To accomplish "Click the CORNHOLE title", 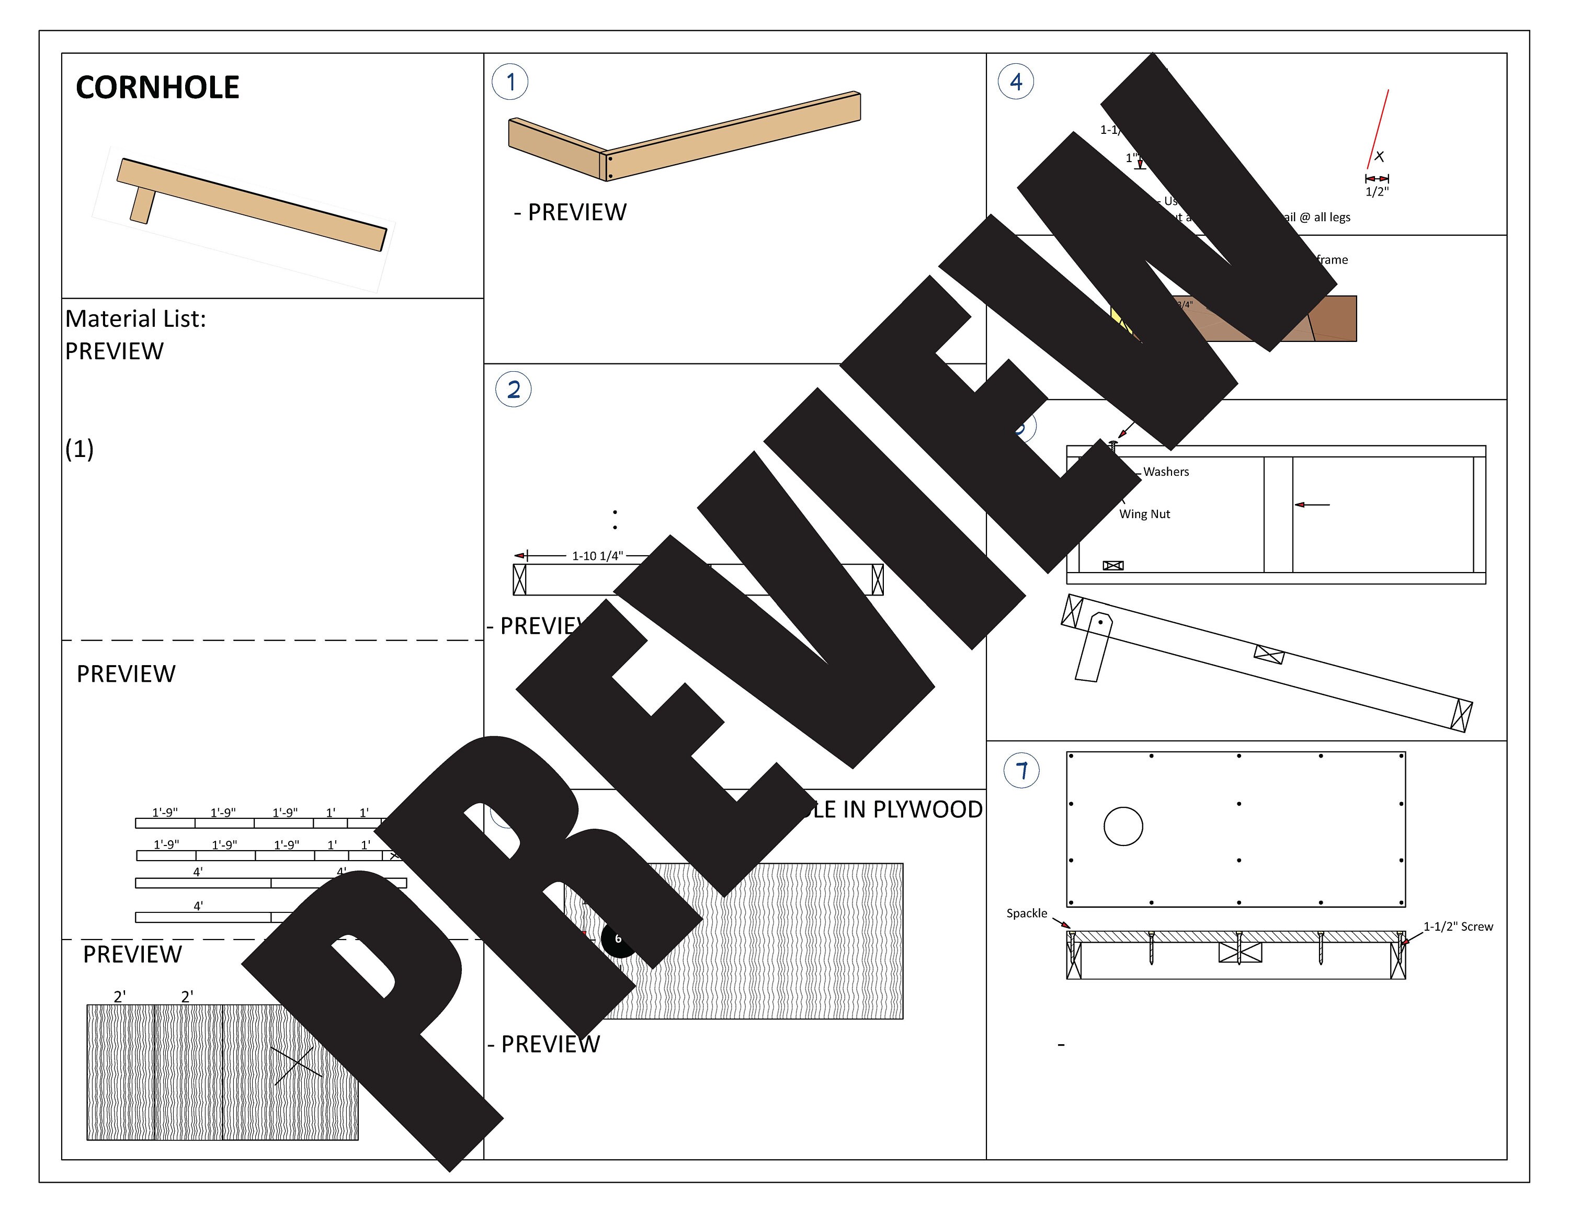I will coord(157,88).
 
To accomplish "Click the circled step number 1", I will coord(510,82).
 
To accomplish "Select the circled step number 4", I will coord(1016,82).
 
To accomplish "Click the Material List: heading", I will coord(136,319).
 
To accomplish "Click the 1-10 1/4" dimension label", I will coord(597,556).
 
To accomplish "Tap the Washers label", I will coord(1165,472).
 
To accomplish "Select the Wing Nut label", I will coord(1144,514).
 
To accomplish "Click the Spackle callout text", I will coord(1026,913).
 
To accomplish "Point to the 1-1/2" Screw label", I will coord(1458,927).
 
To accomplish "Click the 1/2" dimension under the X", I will coord(1377,192).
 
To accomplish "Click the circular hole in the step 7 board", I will coord(1123,827).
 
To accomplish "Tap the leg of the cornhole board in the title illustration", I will coord(142,204).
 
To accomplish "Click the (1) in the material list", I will coord(79,450).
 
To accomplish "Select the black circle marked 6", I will coord(617,939).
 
